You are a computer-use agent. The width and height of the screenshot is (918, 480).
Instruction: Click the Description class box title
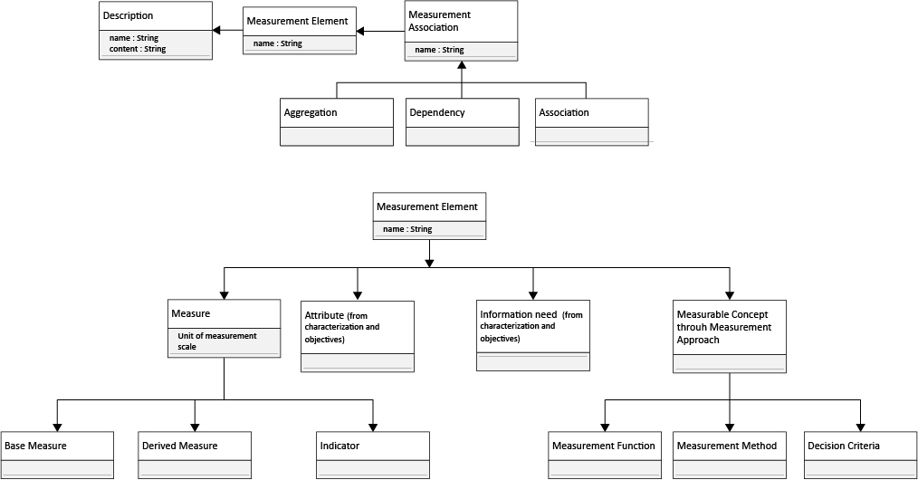[x=129, y=15]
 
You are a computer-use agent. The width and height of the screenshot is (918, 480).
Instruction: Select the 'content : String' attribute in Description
[x=138, y=49]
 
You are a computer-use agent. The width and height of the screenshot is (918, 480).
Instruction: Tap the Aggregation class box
[x=337, y=121]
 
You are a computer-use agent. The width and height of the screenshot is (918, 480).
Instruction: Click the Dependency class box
[x=463, y=121]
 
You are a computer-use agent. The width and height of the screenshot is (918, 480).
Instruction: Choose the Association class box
[x=592, y=121]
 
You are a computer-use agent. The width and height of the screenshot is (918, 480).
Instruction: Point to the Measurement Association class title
[x=440, y=21]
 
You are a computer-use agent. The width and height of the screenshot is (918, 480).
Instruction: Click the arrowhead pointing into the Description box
[x=216, y=31]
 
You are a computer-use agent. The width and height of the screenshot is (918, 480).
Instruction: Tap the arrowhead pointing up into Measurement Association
[x=462, y=65]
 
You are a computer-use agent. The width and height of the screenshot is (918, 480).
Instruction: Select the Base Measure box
[x=57, y=455]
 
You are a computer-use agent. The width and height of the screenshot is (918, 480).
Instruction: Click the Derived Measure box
[x=195, y=455]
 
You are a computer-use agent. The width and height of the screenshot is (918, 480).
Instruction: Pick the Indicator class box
[x=373, y=455]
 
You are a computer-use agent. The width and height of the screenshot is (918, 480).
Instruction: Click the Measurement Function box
[x=605, y=455]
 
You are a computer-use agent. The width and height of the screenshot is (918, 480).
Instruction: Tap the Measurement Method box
[x=730, y=455]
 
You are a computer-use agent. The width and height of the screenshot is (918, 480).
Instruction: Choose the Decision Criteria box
[x=861, y=455]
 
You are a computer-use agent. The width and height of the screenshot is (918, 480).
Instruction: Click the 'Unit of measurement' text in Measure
[x=217, y=336]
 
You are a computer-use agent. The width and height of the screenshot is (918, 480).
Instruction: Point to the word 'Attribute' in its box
[x=324, y=315]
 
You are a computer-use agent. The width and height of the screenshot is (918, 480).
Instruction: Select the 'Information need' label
[x=519, y=315]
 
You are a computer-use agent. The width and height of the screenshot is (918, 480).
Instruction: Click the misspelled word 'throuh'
[x=693, y=327]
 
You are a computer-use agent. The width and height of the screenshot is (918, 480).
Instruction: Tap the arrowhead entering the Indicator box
[x=373, y=427]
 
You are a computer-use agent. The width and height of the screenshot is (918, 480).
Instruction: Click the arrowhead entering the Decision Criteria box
[x=861, y=427]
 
